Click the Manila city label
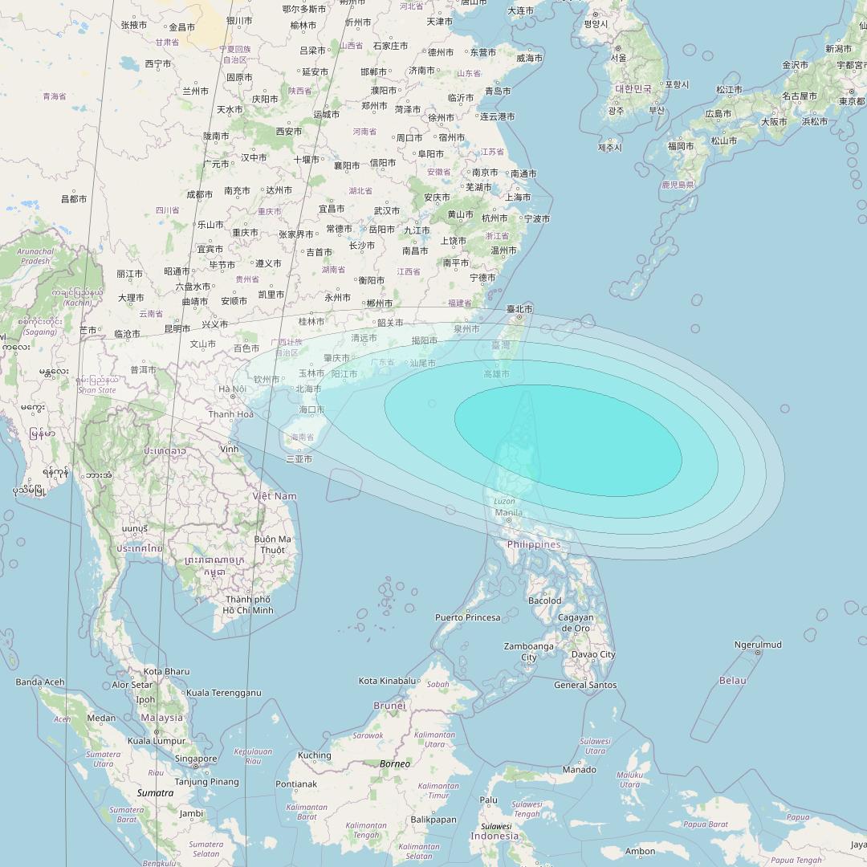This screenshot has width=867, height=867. coord(509,512)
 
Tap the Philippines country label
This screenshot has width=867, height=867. coord(534,544)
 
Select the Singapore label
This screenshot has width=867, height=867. coord(196,759)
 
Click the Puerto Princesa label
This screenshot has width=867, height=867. coord(467,617)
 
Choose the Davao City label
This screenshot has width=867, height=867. coord(594,654)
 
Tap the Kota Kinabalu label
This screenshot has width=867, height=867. coord(389,681)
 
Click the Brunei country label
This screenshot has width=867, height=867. coord(390,705)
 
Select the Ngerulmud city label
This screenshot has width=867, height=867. coord(758,645)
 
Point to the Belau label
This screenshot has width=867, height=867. coord(732,680)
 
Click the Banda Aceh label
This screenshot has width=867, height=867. coord(40,682)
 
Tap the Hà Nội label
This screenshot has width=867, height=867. coord(232,389)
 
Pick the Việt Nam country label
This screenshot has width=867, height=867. coord(275,496)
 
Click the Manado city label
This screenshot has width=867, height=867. coord(579,769)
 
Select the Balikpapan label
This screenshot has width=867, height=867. coord(433,820)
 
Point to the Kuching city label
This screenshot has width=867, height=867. coord(314,755)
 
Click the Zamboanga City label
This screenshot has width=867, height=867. coord(529,651)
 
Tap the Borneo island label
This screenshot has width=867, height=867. coord(395,763)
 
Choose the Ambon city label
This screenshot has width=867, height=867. coord(640,851)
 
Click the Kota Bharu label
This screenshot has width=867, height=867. coord(166,671)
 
